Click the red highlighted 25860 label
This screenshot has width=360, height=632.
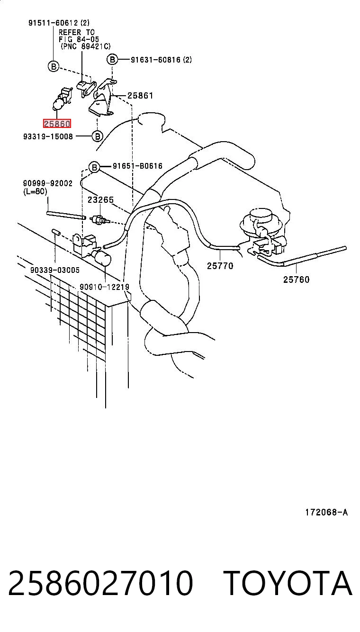pos(57,124)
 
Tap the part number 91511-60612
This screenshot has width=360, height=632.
pos(53,23)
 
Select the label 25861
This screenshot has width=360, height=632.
pos(140,96)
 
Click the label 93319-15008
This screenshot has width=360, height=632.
pos(48,136)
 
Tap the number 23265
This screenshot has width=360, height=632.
pos(100,200)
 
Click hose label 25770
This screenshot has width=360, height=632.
pos(220,266)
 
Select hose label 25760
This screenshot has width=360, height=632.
pos(296,280)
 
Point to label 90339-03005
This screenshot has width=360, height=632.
pos(55,270)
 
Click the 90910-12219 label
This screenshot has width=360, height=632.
pos(104,287)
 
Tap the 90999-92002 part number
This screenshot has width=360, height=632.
pos(48,183)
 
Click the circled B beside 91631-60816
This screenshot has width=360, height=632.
pos(112,60)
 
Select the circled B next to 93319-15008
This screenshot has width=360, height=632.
pos(97,136)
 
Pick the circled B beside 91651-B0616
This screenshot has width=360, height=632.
pos(94,167)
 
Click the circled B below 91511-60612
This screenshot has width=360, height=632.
pos(54,67)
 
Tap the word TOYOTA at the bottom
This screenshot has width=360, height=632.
pos(288,583)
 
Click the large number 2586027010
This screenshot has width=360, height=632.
pos(100,583)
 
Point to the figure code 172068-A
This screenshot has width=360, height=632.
pos(326,512)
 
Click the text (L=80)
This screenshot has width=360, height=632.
pos(35,191)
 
